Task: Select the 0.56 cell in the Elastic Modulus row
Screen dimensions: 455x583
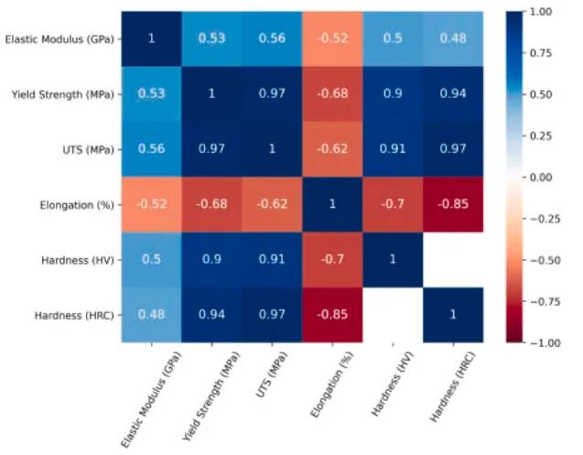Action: pyautogui.click(x=271, y=38)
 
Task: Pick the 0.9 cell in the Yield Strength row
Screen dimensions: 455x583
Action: pyautogui.click(x=392, y=93)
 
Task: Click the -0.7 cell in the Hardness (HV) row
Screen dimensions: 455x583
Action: pyautogui.click(x=331, y=259)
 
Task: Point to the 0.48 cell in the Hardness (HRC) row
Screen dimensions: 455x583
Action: pyautogui.click(x=151, y=314)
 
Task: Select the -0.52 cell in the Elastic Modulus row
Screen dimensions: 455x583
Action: pyautogui.click(x=331, y=38)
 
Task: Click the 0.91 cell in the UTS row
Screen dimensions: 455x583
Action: pyautogui.click(x=392, y=148)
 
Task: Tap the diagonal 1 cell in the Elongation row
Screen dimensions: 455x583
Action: pyautogui.click(x=331, y=203)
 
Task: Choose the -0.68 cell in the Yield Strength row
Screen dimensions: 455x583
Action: pyautogui.click(x=331, y=93)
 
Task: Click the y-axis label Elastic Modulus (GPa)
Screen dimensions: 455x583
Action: pyautogui.click(x=60, y=39)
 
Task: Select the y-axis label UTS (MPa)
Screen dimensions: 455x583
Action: pyautogui.click(x=88, y=149)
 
